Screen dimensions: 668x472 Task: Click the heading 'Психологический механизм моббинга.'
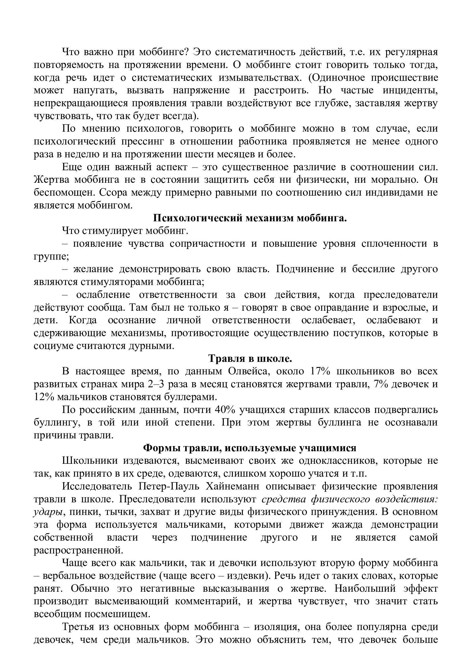click(250, 218)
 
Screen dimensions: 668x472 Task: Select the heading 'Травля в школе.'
click(250, 359)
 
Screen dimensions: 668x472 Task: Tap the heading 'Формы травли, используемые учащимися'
click(250, 448)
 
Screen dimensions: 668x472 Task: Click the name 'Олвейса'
click(249, 372)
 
